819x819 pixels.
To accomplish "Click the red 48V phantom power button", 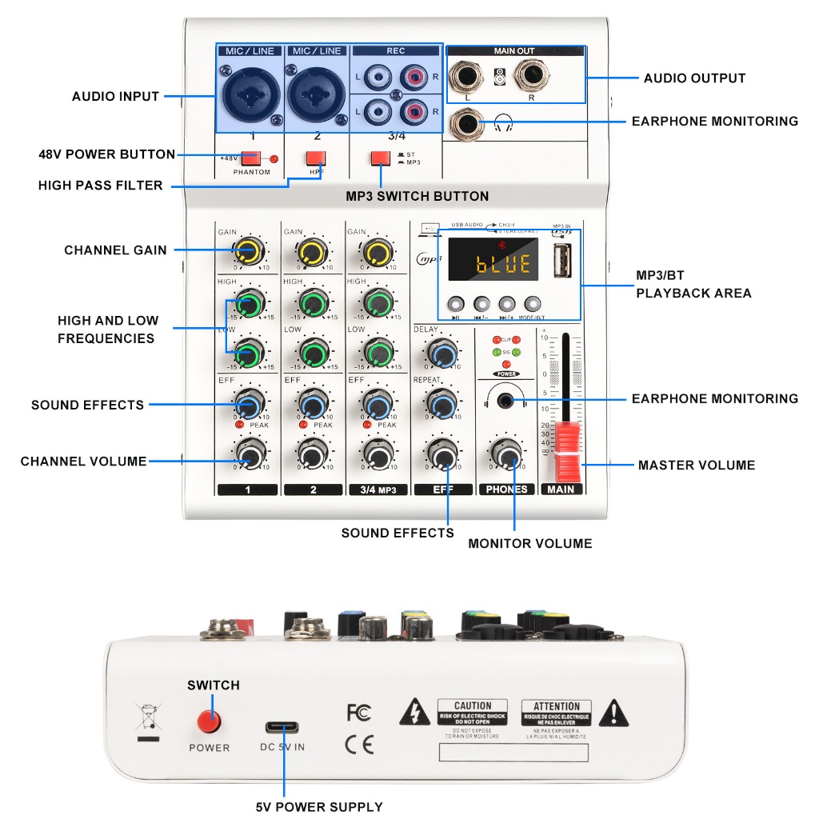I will click(250, 158).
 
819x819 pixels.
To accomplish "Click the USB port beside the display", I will click(562, 261).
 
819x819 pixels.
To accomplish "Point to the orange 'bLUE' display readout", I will click(503, 263).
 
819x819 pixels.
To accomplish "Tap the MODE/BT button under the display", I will click(533, 305).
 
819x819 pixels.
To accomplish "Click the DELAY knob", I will click(441, 352).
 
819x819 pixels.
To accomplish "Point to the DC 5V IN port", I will click(284, 728).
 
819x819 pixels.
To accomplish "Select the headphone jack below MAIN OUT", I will click(464, 124).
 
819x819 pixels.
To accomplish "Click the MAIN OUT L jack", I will click(465, 78).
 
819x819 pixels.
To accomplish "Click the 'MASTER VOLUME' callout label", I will click(696, 465).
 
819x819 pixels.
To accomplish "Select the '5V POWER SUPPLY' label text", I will click(319, 807).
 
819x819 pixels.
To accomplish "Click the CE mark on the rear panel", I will click(359, 745).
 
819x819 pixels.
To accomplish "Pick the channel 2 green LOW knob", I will click(314, 353).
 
